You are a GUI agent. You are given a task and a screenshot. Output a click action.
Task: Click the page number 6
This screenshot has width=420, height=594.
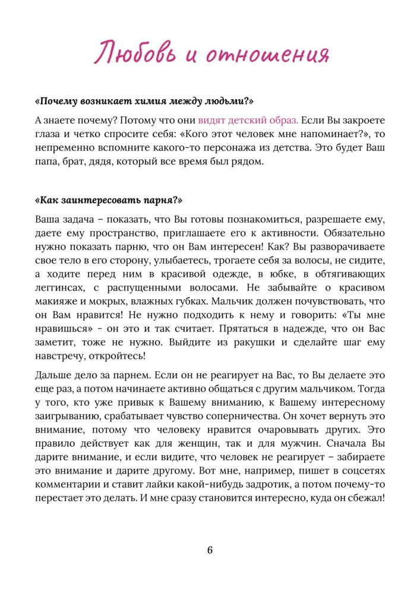point(210,549)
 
